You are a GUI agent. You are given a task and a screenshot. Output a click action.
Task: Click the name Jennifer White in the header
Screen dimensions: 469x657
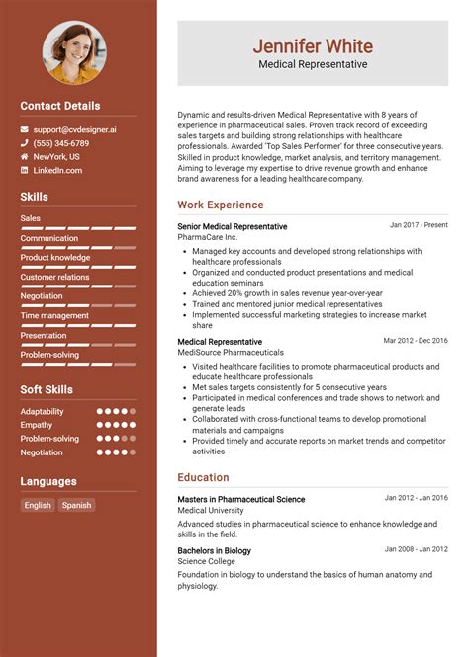[x=312, y=45]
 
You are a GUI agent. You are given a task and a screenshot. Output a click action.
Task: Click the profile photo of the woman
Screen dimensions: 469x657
[x=75, y=52]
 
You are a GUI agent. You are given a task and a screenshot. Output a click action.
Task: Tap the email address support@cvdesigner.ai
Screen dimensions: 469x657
[x=74, y=129]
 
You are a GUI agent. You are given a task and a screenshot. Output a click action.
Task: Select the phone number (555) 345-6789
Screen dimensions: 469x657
[x=60, y=143]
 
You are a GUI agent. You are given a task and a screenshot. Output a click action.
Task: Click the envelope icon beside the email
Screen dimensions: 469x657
[x=25, y=129]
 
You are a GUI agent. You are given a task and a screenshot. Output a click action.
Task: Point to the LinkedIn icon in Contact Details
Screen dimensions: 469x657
[x=25, y=170]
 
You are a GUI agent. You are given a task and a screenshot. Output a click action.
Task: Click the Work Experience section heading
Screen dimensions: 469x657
[x=221, y=205]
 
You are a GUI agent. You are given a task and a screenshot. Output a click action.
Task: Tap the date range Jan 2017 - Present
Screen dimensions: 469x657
[x=419, y=225]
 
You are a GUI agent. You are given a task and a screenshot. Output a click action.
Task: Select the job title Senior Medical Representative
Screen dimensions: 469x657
[x=233, y=226]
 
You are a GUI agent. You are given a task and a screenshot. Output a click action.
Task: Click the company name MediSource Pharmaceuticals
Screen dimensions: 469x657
[x=231, y=352]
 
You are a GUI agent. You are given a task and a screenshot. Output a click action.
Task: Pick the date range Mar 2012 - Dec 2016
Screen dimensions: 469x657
[x=416, y=341]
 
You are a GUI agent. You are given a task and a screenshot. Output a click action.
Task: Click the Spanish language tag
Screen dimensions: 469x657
[x=76, y=505]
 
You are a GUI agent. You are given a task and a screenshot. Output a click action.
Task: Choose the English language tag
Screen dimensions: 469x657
[x=38, y=505]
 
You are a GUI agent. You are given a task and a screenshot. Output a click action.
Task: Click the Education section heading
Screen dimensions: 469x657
[x=204, y=477]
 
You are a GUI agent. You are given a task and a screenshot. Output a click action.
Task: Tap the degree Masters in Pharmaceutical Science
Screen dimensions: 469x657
[x=241, y=499]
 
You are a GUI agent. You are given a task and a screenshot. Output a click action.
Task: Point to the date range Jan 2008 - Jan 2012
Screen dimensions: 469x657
[x=417, y=549]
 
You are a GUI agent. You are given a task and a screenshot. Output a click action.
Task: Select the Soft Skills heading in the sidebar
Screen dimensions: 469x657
[x=47, y=389]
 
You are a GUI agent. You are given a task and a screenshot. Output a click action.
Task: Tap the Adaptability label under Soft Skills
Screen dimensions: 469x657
[x=42, y=411]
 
